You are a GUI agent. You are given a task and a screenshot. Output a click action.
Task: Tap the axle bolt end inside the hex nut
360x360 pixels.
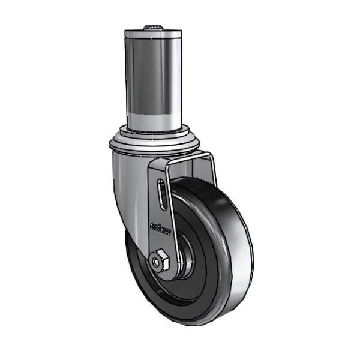pyautogui.click(x=157, y=262)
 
